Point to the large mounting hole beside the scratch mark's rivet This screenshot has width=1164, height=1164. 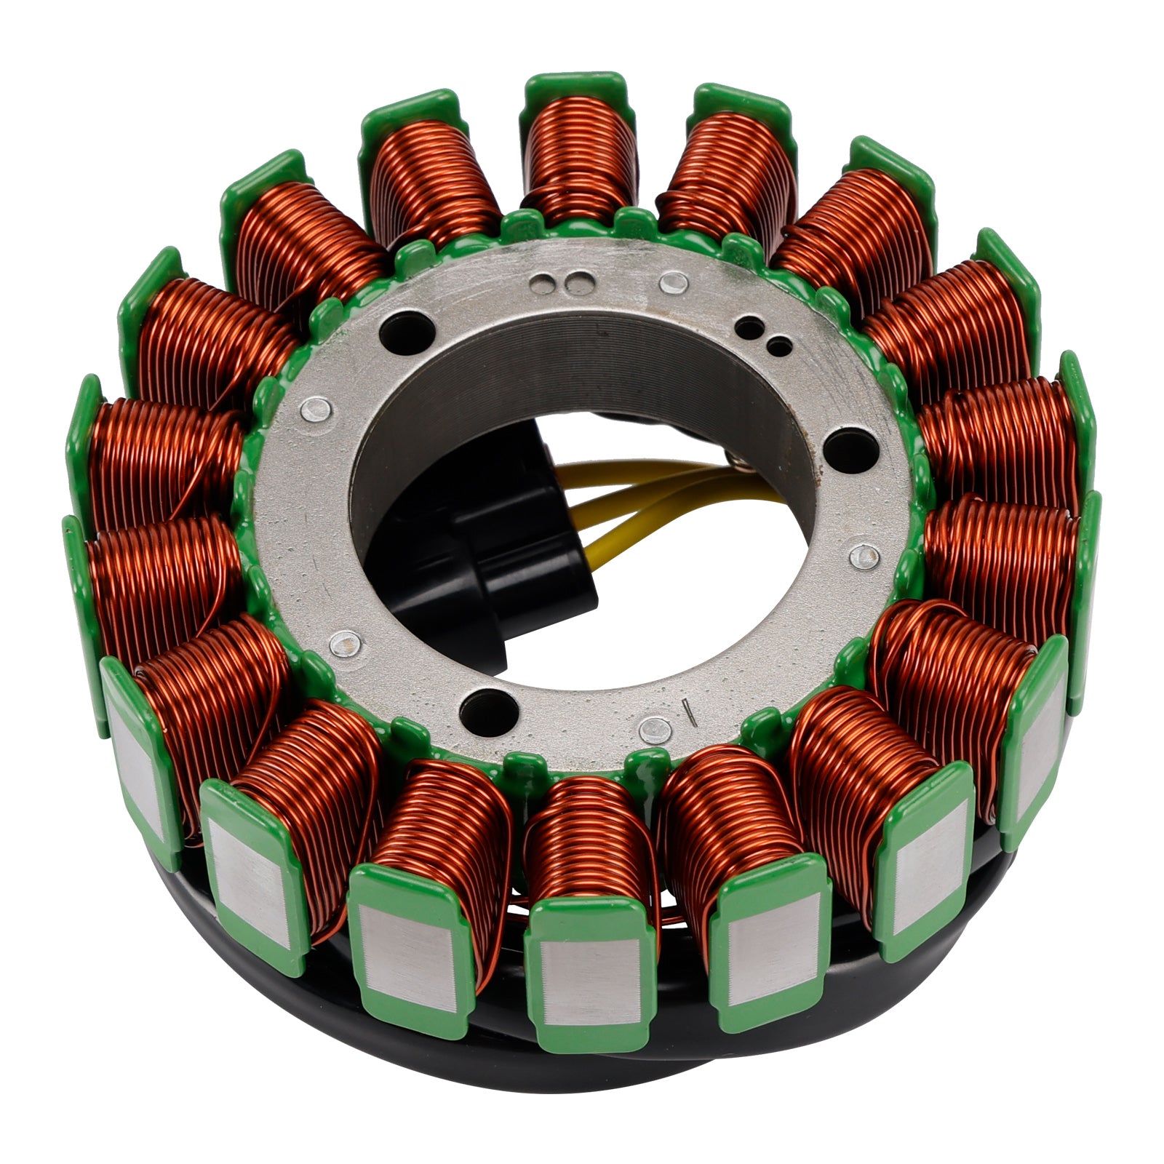click(485, 704)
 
